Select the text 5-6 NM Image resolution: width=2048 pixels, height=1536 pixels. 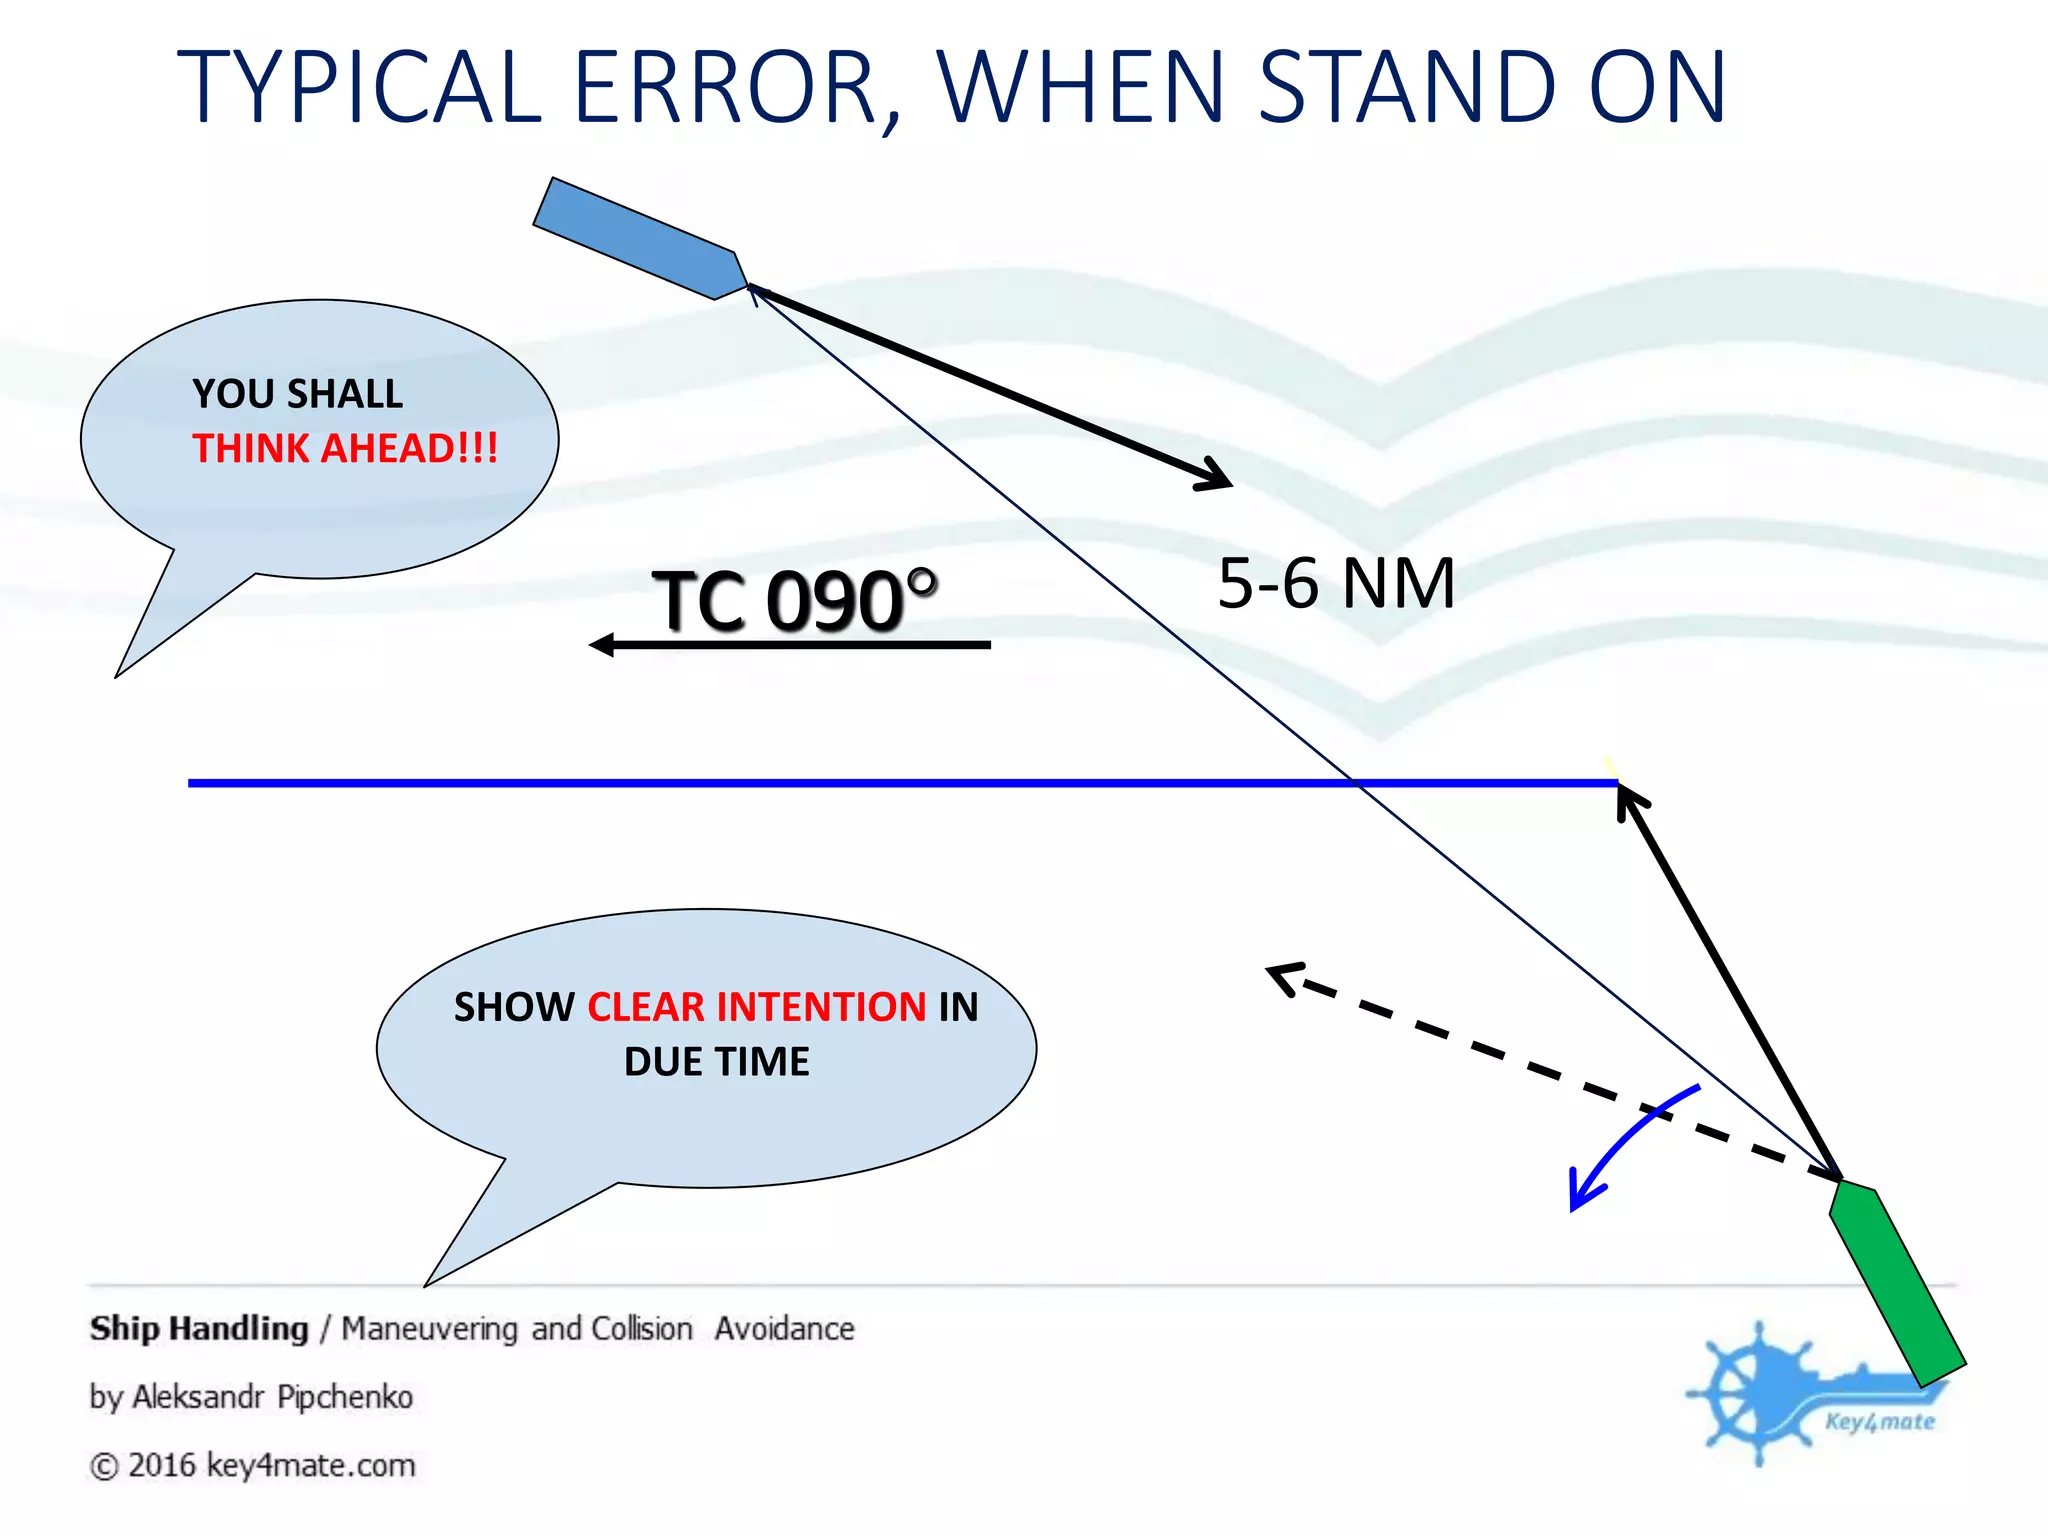click(x=1336, y=584)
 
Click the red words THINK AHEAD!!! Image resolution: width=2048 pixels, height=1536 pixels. click(x=345, y=448)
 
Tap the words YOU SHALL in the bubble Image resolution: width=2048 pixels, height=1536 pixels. click(x=297, y=394)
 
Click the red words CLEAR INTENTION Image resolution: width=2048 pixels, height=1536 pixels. click(x=756, y=1007)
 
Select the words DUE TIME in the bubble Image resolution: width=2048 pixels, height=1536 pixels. click(x=716, y=1062)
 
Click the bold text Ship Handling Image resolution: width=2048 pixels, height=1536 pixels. click(x=199, y=1329)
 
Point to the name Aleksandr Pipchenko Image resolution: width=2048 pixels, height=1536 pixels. click(x=272, y=1397)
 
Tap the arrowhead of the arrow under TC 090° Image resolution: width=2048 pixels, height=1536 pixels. click(x=601, y=645)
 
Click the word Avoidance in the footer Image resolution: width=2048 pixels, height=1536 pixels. click(x=784, y=1329)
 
